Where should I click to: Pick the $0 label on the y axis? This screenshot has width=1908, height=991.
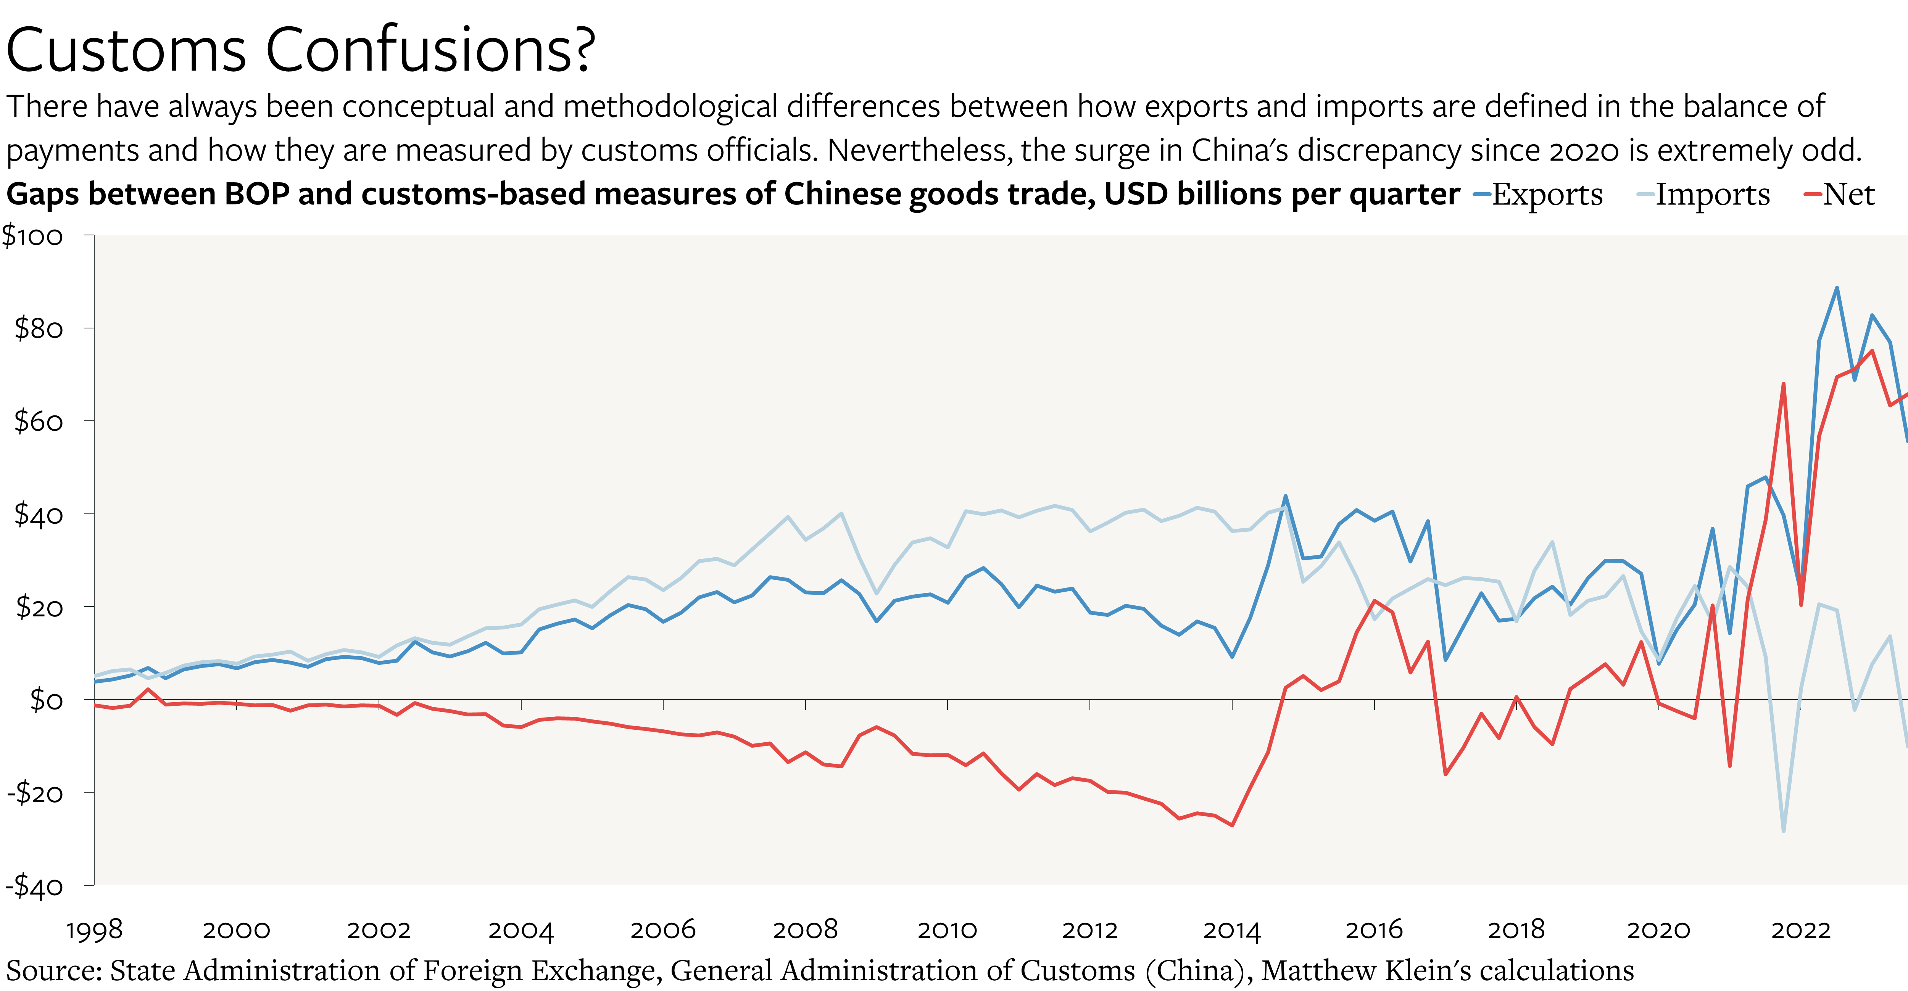pos(46,699)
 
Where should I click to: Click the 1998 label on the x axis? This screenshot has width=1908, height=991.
pos(94,930)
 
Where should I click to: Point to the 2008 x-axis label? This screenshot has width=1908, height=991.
pos(805,930)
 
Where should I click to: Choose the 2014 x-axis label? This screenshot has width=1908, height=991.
pos(1232,930)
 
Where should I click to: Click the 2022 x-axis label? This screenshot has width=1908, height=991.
pos(1801,930)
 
